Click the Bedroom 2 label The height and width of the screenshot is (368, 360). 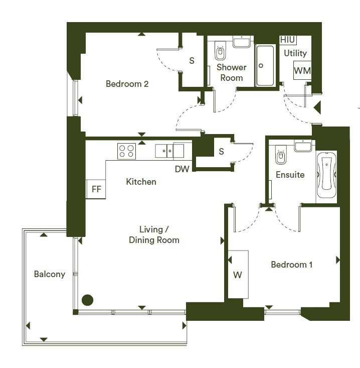pos(127,84)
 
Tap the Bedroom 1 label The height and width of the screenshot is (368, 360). pos(292,265)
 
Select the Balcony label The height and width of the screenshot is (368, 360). pos(50,274)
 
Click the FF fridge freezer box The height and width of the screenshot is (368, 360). pos(96,189)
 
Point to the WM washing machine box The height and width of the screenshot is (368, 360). pos(302,70)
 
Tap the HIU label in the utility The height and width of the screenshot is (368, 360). pos(287,40)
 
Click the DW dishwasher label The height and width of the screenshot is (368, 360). pos(182,169)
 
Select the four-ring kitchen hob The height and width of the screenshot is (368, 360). pos(126,151)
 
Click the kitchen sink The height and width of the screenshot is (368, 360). pos(169,151)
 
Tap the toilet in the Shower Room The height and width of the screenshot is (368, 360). pos(220,51)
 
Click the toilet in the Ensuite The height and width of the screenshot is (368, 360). pos(281,155)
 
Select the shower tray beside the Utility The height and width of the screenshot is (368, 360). pos(265,66)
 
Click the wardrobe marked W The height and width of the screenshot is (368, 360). pos(238,274)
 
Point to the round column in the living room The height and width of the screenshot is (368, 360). pos(87,300)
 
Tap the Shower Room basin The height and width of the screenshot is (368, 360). pos(241,42)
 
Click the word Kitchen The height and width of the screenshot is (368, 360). pos(141,182)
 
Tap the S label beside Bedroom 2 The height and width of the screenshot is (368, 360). pos(192,61)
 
